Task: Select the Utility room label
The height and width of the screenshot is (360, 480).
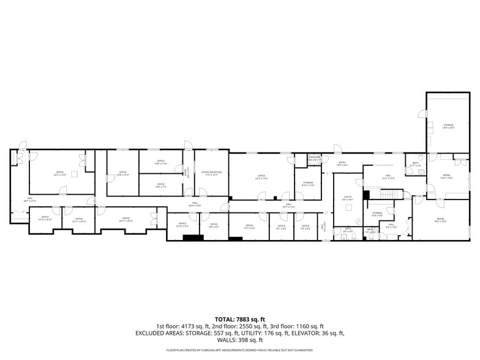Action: point(348,198)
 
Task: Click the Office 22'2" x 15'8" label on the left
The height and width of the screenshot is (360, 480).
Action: point(60,173)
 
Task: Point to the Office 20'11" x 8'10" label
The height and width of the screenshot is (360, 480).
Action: point(126,219)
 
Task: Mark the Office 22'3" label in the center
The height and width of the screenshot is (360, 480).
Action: point(261,178)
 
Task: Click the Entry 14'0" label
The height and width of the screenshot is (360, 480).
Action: point(342,163)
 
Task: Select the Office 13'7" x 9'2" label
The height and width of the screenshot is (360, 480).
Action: point(249,227)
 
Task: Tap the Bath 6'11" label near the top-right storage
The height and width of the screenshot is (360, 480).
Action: point(415,164)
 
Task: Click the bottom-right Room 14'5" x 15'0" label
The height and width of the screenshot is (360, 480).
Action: point(440,220)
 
